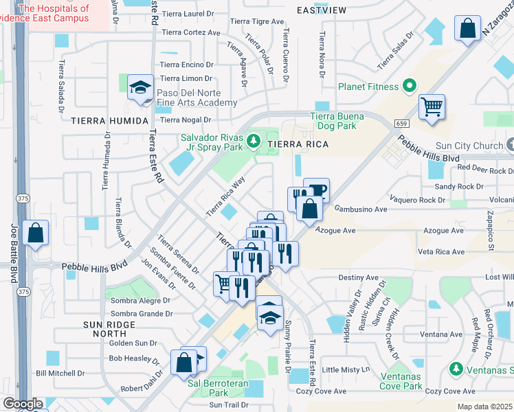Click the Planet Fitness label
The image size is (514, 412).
[368, 87]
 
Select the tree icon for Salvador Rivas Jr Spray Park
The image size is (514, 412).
[254, 141]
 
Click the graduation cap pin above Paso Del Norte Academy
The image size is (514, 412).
[142, 88]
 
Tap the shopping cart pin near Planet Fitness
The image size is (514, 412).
[432, 106]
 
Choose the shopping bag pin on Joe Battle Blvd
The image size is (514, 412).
[35, 233]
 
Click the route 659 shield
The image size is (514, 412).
[403, 123]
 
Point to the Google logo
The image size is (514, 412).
[23, 404]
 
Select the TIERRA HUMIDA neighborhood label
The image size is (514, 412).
[109, 121]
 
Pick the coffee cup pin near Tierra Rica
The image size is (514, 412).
[317, 190]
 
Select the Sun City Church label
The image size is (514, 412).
[469, 146]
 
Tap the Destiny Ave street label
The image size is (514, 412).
[358, 278]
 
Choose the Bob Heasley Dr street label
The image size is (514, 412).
[132, 358]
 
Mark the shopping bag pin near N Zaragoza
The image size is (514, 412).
[467, 30]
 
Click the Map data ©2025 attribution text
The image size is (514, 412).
[484, 407]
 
